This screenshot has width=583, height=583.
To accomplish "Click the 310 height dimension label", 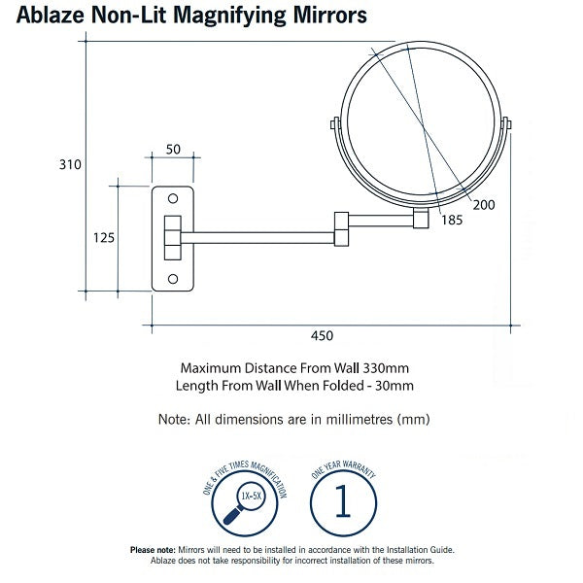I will point(68,165).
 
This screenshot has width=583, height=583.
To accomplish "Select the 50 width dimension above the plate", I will point(173,149).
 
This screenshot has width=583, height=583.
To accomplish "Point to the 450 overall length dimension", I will point(323,336).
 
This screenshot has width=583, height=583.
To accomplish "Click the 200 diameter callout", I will point(483,204).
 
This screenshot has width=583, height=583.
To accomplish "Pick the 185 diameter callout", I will point(450,221).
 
